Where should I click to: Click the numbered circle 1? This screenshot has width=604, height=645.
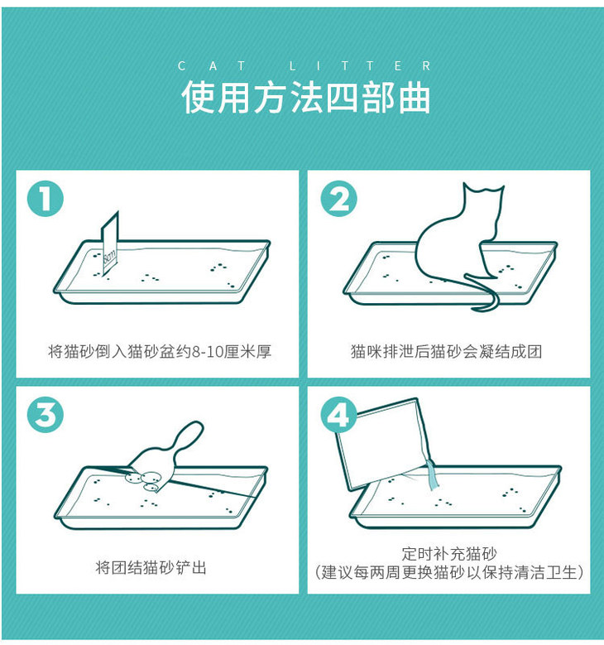[x=46, y=199]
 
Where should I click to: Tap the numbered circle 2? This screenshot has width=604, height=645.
[x=338, y=199]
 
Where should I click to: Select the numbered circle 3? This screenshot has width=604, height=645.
[x=46, y=414]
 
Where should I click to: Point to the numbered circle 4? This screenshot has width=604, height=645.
[x=338, y=414]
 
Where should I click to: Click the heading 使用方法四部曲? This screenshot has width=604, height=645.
[x=305, y=98]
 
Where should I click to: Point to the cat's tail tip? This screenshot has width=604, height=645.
[x=473, y=308]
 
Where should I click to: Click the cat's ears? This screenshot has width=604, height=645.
[x=483, y=189]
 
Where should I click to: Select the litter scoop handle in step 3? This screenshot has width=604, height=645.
[x=189, y=437]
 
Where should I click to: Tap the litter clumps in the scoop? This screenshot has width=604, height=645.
[x=145, y=480]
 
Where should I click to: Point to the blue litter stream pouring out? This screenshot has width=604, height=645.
[x=432, y=475]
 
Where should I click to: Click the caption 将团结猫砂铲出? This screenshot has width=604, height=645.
[x=151, y=568]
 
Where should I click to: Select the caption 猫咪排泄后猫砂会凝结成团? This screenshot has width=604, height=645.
[x=446, y=352]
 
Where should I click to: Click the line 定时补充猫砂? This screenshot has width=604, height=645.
[x=449, y=554]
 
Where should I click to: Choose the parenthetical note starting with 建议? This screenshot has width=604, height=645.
[x=449, y=572]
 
